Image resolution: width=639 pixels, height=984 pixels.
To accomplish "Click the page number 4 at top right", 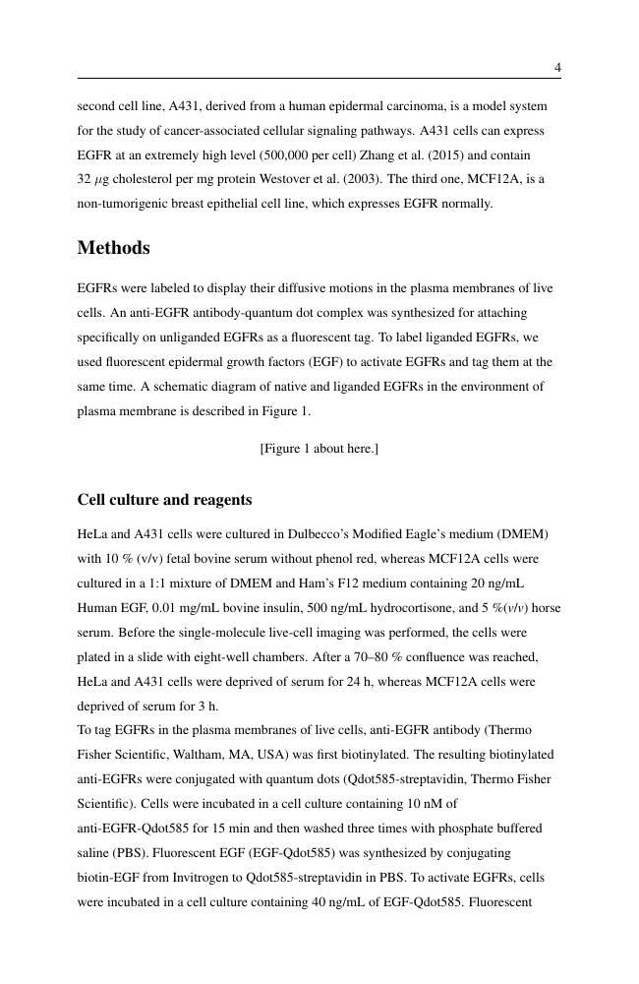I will (557, 68).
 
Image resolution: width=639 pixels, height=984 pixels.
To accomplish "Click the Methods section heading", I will (113, 248).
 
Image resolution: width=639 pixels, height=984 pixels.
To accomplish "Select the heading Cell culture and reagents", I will (164, 500).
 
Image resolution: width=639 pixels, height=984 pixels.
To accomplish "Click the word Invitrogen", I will (212, 880).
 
